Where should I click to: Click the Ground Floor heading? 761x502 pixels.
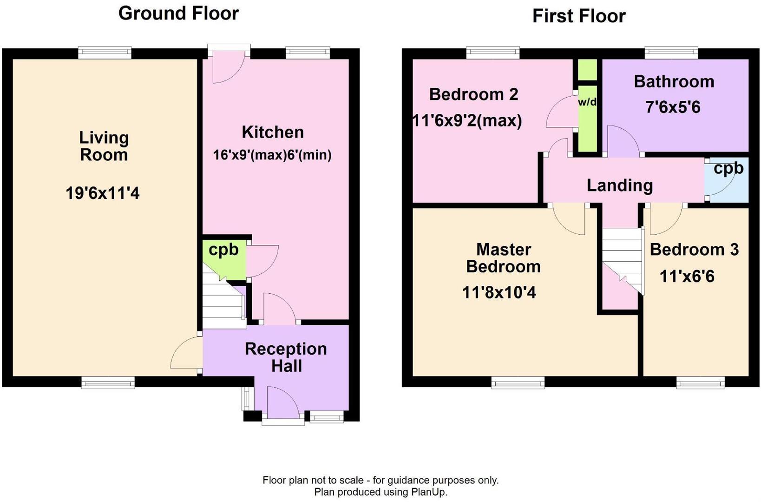(x=178, y=13)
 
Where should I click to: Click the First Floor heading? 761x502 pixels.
(x=578, y=16)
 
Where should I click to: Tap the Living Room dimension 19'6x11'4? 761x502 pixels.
(x=103, y=193)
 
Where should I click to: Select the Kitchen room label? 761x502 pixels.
(x=273, y=132)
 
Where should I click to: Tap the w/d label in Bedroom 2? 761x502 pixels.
(x=587, y=102)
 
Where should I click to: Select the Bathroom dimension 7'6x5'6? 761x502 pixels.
(x=673, y=107)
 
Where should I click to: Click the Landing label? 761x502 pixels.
(x=619, y=185)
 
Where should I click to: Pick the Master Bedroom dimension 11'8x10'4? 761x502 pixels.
(x=499, y=292)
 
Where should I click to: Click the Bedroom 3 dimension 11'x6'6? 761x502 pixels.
(x=687, y=277)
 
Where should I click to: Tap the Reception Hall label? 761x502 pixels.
(x=286, y=357)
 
